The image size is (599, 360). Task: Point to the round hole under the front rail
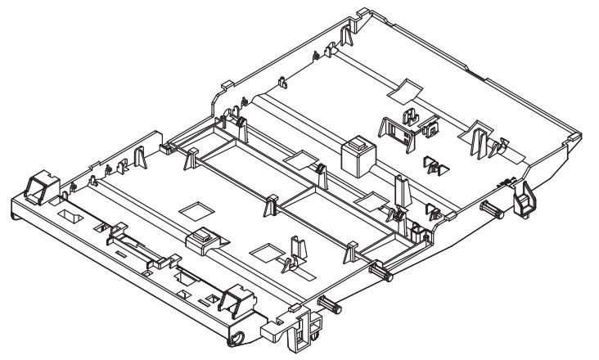point(240,338)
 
